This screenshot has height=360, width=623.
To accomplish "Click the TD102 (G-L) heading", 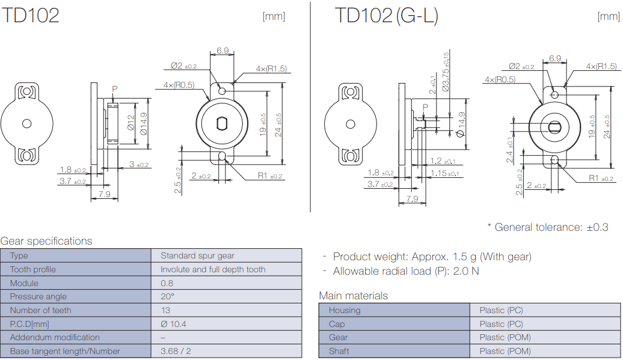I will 386,16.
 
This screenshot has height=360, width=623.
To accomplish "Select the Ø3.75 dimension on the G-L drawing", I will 446,72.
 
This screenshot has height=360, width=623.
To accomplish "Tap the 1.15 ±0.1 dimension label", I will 444,174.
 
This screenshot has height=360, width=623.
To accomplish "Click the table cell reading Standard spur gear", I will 197,256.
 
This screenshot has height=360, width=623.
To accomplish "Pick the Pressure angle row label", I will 38,296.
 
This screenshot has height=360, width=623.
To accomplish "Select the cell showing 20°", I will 167,296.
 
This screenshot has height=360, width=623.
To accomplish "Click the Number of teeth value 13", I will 165,310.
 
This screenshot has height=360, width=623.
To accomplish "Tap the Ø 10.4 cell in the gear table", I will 173,324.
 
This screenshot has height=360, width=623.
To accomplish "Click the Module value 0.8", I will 167,283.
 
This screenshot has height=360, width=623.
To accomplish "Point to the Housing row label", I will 345,310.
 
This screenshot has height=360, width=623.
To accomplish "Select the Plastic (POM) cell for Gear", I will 505,337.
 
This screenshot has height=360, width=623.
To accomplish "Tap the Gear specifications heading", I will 46,241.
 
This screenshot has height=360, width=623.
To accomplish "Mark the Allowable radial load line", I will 406,271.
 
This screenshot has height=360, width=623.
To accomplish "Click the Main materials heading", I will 353,296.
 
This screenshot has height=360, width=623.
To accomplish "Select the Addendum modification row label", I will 55,337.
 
